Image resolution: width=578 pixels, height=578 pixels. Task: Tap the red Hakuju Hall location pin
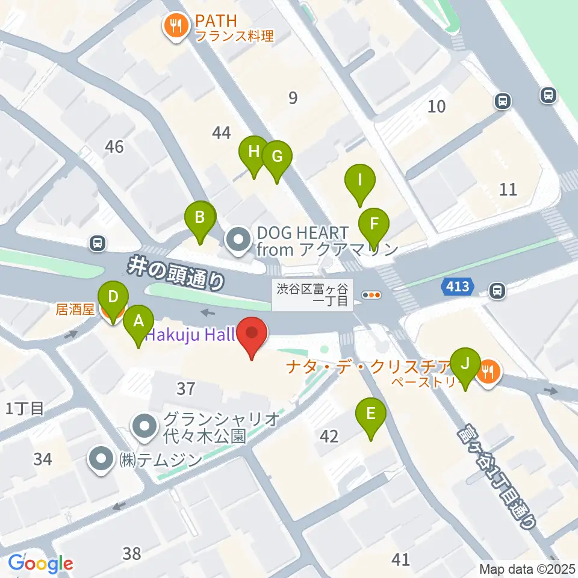pos(252,335)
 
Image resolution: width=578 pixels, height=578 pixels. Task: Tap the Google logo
pos(40,564)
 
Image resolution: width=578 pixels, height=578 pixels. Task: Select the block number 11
pos(509,190)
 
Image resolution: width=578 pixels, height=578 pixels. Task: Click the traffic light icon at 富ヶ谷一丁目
pos(373,294)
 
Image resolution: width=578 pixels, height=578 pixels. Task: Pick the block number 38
pos(131,553)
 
